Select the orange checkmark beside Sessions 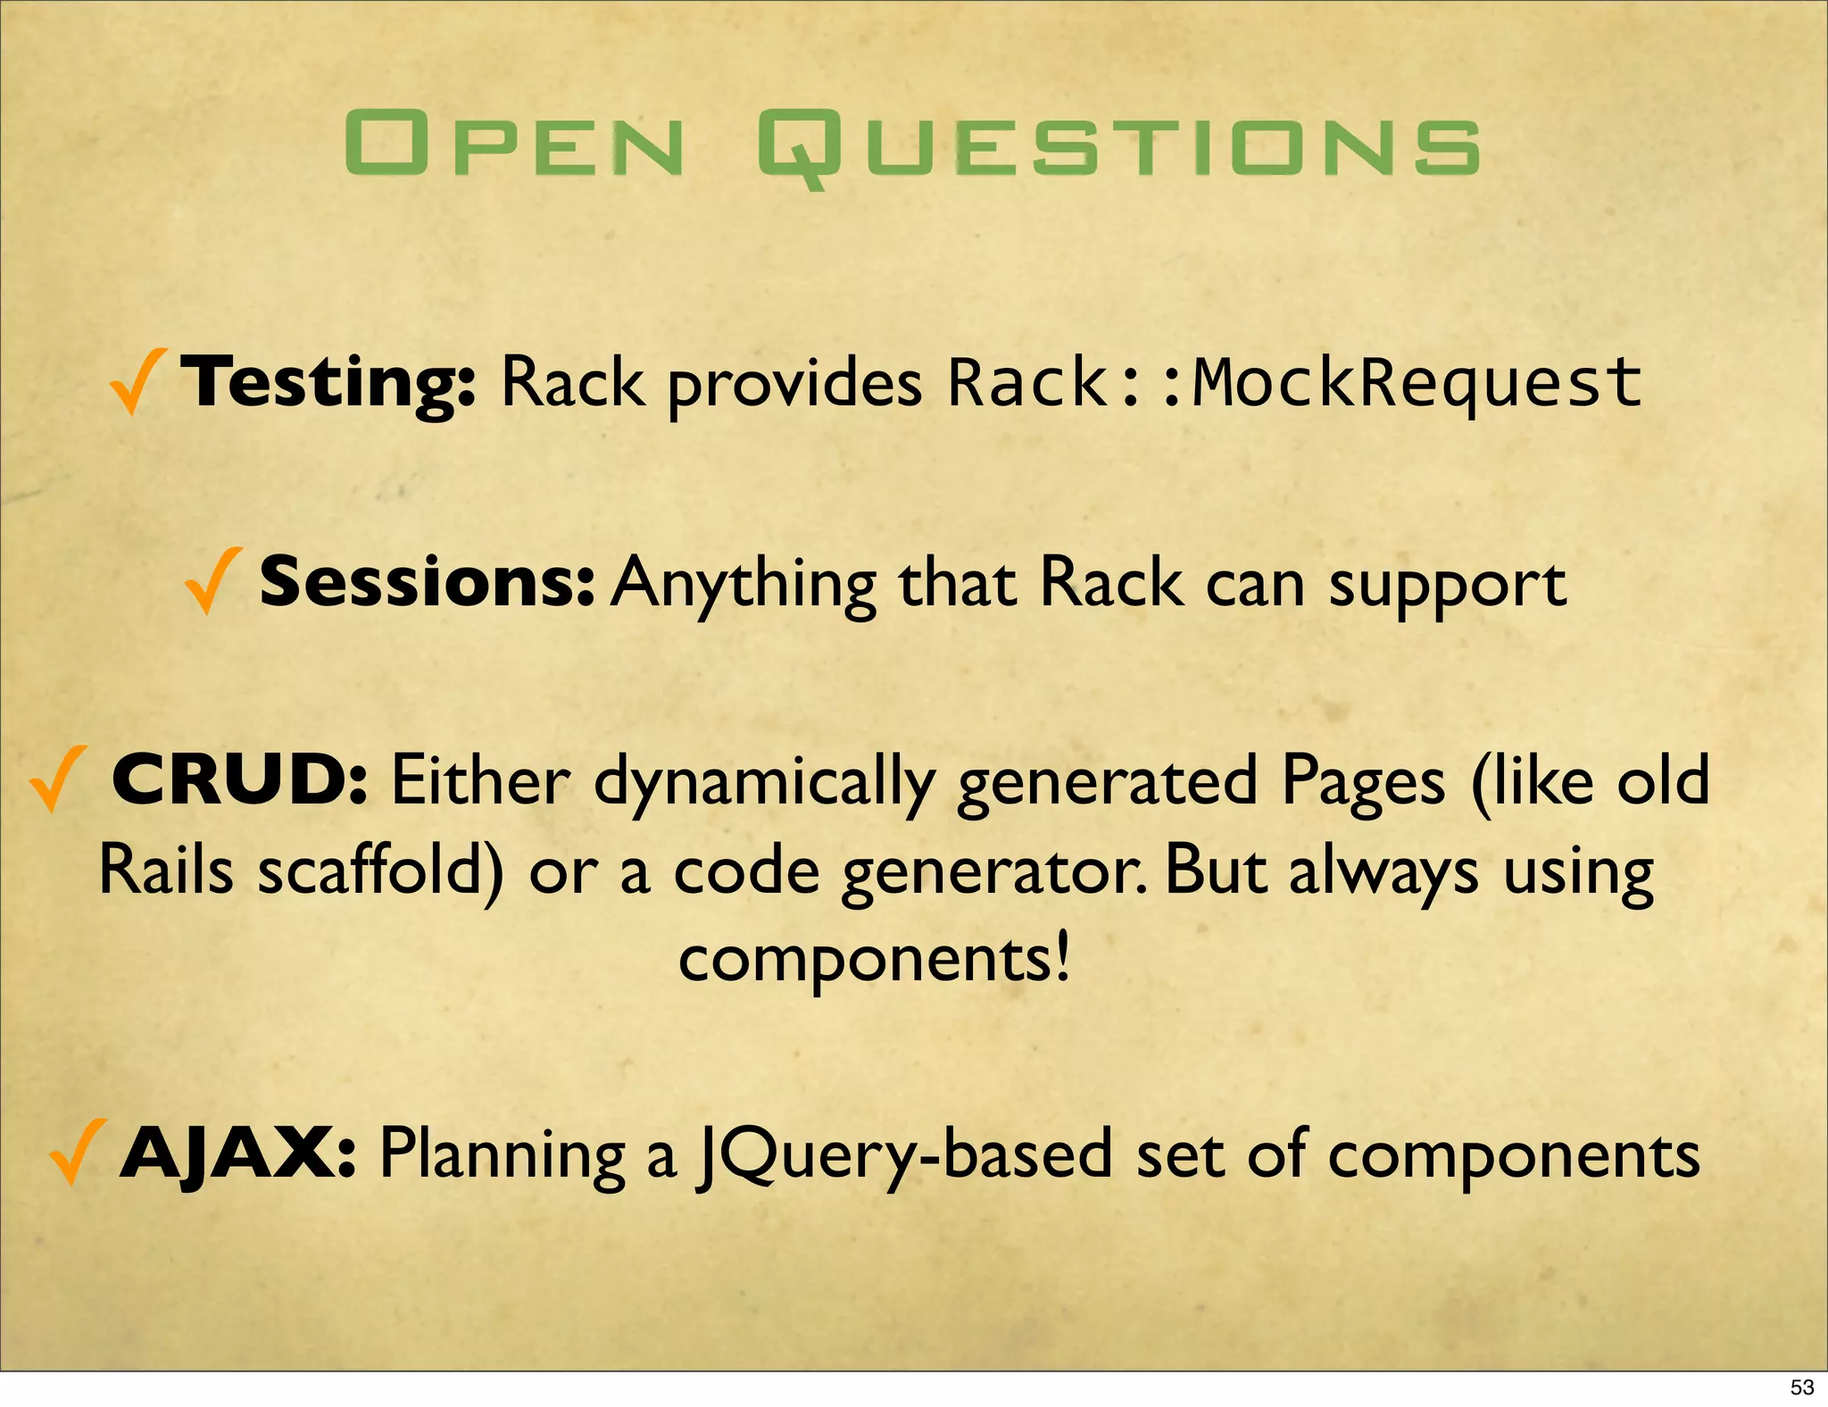point(212,581)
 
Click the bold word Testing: point(328,382)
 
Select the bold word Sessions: point(426,581)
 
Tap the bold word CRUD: point(239,780)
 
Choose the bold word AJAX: point(238,1153)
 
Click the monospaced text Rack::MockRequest point(1293,382)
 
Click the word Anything point(745,585)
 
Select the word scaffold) point(380,872)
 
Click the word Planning point(503,1157)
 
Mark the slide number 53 point(1802,1387)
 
